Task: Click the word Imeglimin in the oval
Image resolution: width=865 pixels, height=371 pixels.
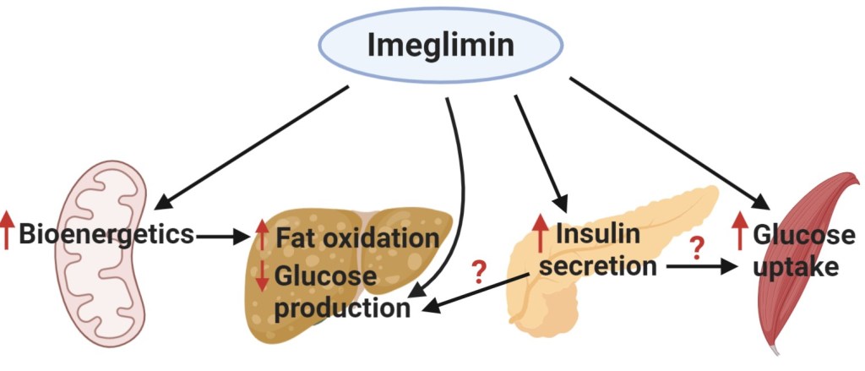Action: [440, 44]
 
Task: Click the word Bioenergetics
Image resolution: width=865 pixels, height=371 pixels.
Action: [106, 232]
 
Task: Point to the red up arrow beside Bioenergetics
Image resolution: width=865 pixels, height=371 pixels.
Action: [8, 232]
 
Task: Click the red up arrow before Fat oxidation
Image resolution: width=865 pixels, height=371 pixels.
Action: [263, 234]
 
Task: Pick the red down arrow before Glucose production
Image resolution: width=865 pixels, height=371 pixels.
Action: [263, 276]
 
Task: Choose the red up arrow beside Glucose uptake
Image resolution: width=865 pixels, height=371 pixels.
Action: [740, 231]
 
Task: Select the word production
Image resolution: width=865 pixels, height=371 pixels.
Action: [341, 307]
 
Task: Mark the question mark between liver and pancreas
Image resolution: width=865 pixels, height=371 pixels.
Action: [478, 272]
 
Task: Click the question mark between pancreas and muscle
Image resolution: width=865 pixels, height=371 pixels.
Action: [697, 249]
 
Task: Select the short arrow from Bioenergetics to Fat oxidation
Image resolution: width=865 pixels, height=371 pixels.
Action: [224, 236]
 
